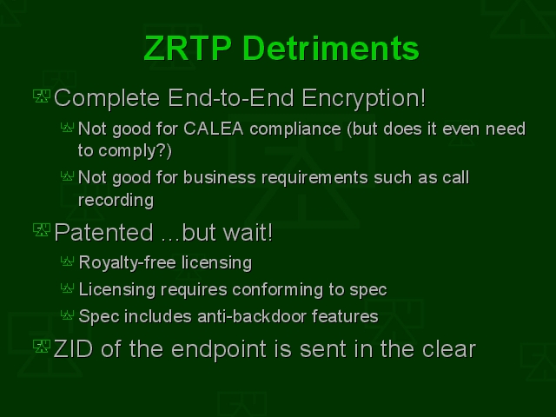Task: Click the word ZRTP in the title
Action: [188, 49]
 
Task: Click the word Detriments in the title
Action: [332, 49]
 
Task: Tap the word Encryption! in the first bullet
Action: [364, 98]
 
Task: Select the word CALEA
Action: [214, 129]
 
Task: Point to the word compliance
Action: [295, 129]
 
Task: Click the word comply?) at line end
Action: [136, 151]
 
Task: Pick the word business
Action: [220, 177]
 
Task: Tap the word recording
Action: [116, 201]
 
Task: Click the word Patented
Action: [104, 233]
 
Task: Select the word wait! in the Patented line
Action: [248, 233]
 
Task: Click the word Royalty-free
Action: [128, 263]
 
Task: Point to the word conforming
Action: [278, 290]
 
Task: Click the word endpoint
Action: [219, 350]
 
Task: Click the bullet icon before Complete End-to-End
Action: [42, 96]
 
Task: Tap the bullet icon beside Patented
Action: [42, 229]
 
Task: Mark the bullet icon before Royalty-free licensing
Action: [68, 261]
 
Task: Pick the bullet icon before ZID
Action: [42, 346]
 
